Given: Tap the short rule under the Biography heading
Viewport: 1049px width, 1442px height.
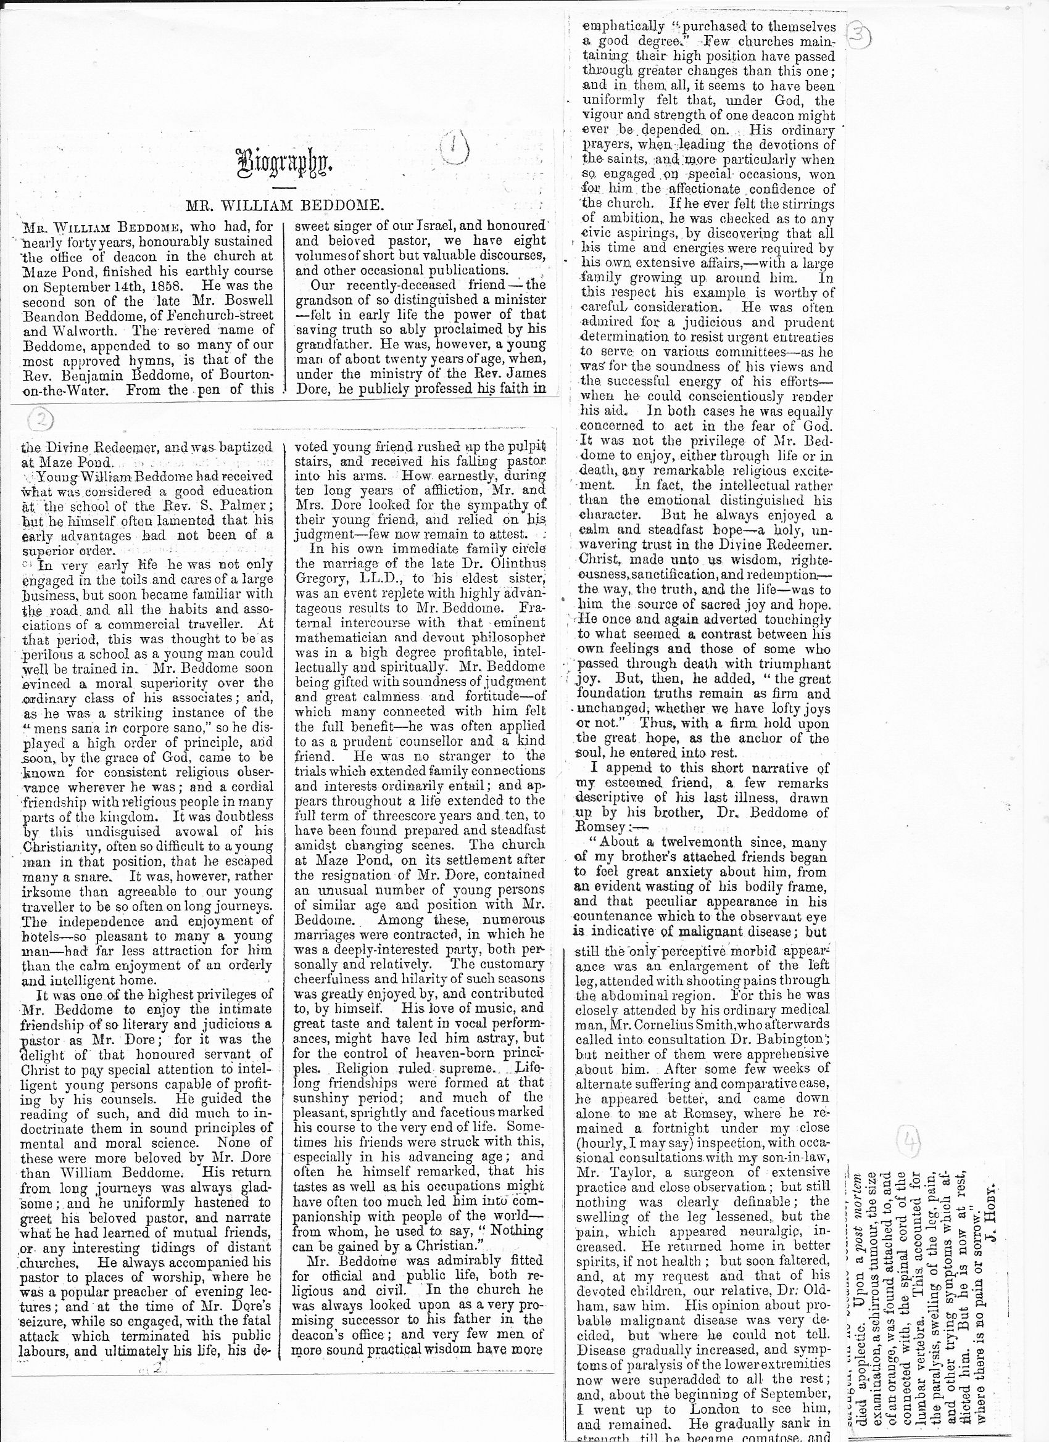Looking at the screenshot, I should click(x=284, y=189).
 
